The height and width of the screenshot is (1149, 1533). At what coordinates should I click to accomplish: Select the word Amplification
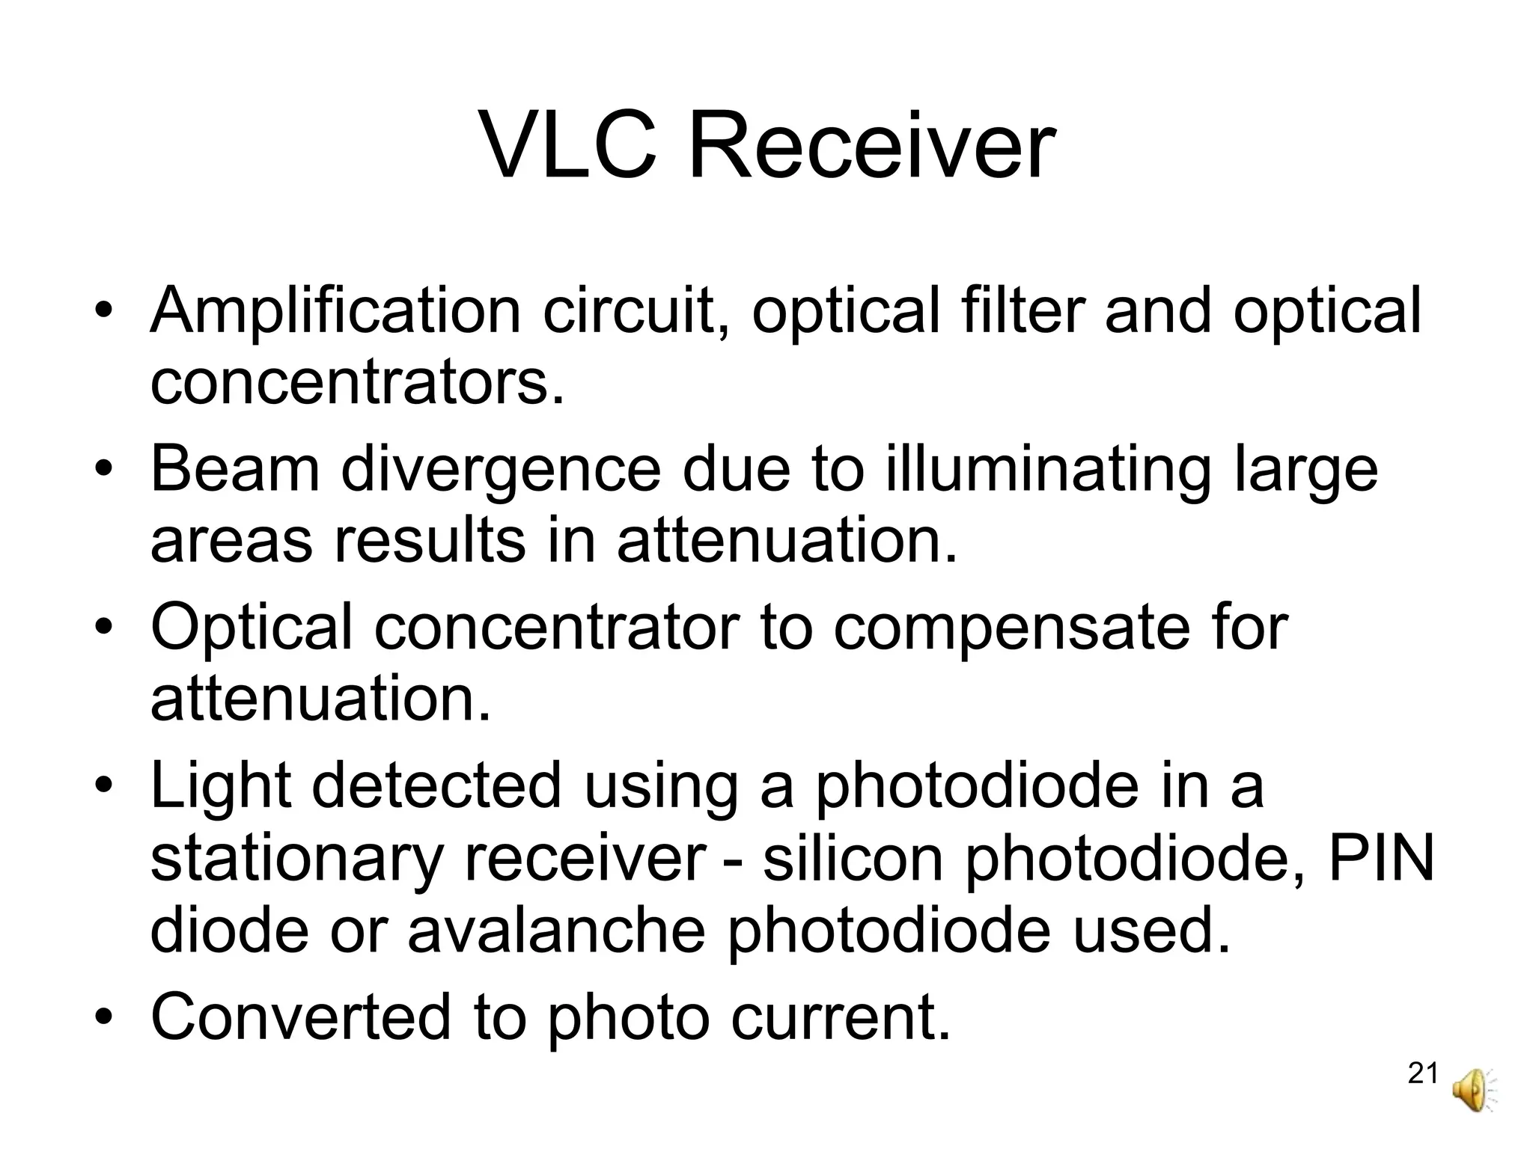click(335, 311)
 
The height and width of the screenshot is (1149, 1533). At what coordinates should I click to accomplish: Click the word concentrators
click(357, 383)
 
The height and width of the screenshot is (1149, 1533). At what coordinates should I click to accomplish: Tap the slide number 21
click(1423, 1073)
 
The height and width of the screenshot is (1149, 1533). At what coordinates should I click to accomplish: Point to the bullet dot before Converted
click(104, 1018)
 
